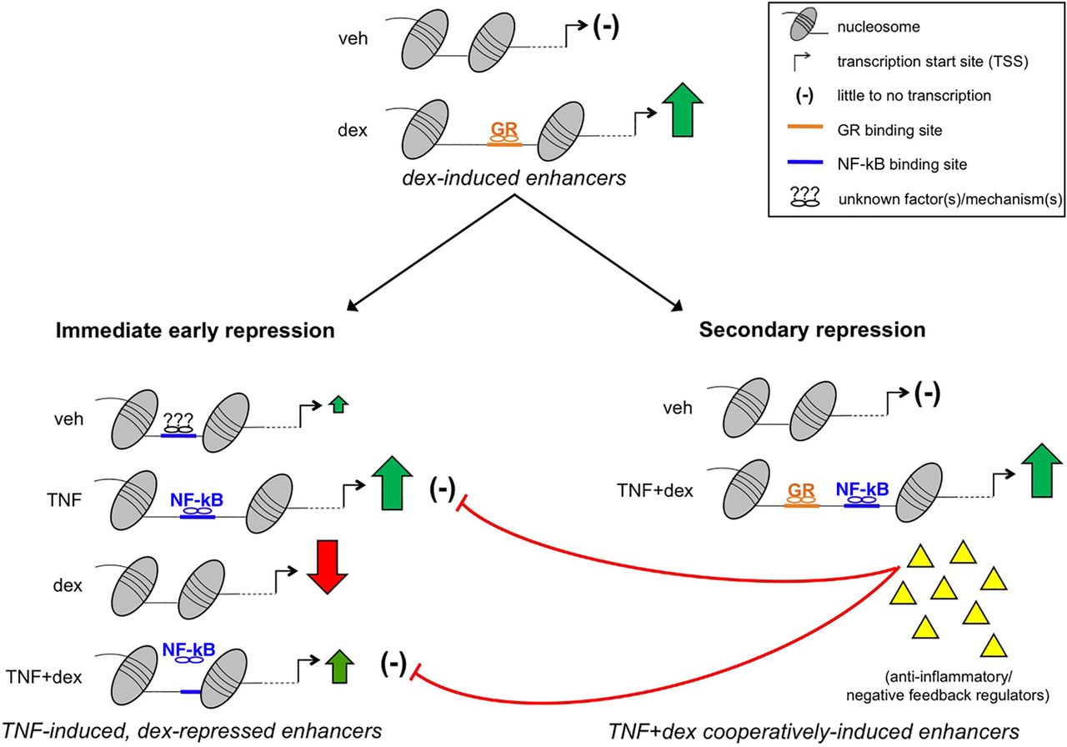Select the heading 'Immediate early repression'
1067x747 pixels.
[x=195, y=330]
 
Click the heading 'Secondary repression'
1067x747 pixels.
[x=812, y=330]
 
